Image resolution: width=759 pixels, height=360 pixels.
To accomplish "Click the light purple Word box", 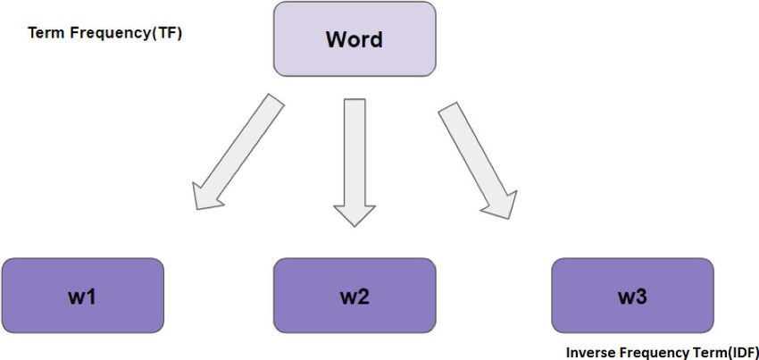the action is click(354, 39).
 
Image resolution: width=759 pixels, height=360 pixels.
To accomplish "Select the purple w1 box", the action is click(83, 296).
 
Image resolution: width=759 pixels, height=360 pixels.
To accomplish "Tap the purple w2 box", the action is click(354, 296).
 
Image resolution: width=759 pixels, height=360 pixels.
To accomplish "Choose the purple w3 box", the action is click(633, 296).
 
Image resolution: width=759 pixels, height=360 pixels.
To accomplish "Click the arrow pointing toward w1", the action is click(238, 152).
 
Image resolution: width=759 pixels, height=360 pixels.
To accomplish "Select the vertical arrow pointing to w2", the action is click(354, 163).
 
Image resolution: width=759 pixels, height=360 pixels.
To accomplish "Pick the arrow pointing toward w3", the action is click(478, 161).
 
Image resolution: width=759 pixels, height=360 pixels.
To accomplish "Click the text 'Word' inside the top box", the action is click(354, 39).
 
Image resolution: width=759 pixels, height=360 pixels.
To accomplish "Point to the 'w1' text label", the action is click(82, 297).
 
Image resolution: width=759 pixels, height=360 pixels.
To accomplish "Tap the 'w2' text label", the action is click(354, 297).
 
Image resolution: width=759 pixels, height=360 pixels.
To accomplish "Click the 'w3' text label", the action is click(632, 297).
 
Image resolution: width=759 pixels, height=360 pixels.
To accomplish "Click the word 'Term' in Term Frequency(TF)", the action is click(42, 33).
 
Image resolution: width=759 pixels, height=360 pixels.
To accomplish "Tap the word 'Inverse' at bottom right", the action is click(586, 352).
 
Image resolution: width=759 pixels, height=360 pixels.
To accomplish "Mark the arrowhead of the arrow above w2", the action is click(354, 215).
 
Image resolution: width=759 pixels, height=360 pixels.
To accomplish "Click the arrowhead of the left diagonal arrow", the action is click(205, 197).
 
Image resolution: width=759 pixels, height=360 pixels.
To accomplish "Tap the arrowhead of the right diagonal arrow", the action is click(502, 204).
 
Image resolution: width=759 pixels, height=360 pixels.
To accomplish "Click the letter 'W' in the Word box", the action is click(337, 39).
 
